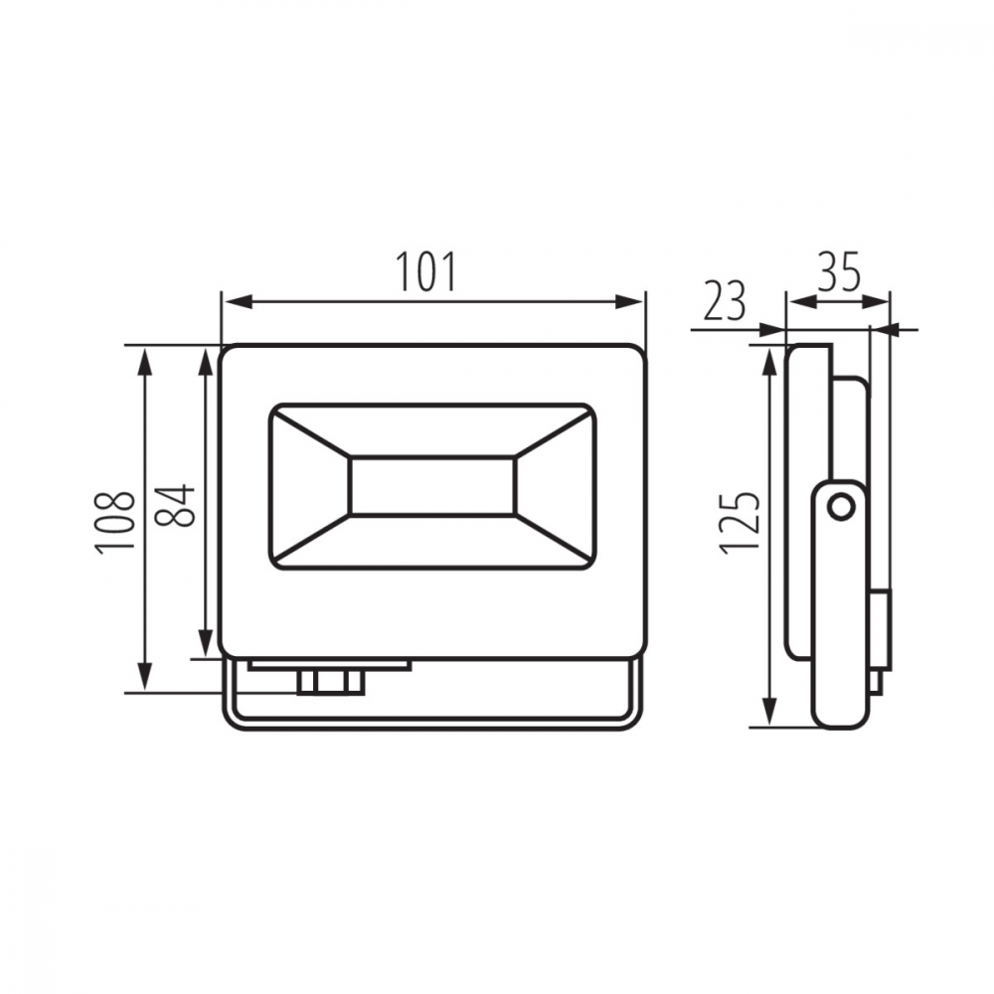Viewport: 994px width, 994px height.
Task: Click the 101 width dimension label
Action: click(x=426, y=271)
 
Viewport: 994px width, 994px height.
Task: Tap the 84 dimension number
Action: click(x=174, y=505)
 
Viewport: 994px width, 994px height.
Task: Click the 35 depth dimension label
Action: click(x=839, y=272)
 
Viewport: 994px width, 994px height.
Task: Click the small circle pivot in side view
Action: click(x=841, y=507)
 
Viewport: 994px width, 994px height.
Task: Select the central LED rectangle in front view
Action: click(x=432, y=486)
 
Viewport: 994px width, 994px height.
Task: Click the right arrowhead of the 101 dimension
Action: click(x=629, y=302)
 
